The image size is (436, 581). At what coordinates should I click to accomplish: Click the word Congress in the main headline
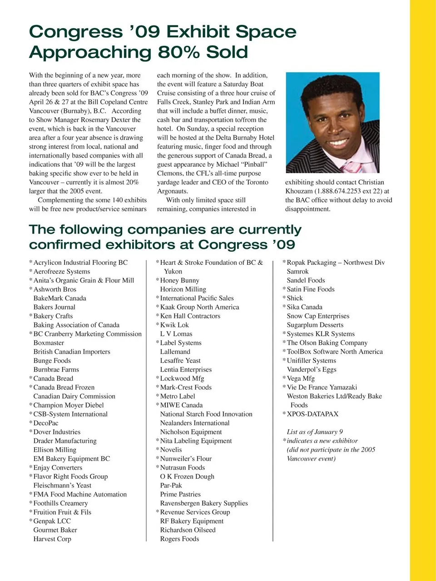(x=76, y=32)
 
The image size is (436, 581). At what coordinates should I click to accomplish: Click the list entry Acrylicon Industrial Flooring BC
(x=80, y=263)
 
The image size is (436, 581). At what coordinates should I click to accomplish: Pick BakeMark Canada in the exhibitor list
(x=59, y=298)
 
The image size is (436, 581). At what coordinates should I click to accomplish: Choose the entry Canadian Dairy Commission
(x=74, y=397)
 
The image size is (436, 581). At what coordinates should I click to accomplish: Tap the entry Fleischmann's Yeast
(x=62, y=486)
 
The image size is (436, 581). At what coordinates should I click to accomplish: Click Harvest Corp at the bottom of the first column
(x=52, y=539)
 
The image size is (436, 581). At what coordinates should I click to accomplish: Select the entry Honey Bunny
(x=179, y=281)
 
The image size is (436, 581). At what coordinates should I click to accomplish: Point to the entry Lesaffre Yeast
(x=180, y=361)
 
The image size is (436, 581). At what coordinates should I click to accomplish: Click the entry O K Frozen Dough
(x=187, y=477)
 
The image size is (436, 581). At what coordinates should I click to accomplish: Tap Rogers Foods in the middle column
(x=179, y=539)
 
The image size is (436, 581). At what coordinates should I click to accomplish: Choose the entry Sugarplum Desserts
(x=315, y=325)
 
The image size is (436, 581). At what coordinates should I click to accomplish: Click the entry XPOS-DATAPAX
(x=312, y=414)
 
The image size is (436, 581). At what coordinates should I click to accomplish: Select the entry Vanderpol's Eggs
(x=312, y=370)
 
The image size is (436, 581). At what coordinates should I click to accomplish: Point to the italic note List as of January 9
(x=315, y=432)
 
